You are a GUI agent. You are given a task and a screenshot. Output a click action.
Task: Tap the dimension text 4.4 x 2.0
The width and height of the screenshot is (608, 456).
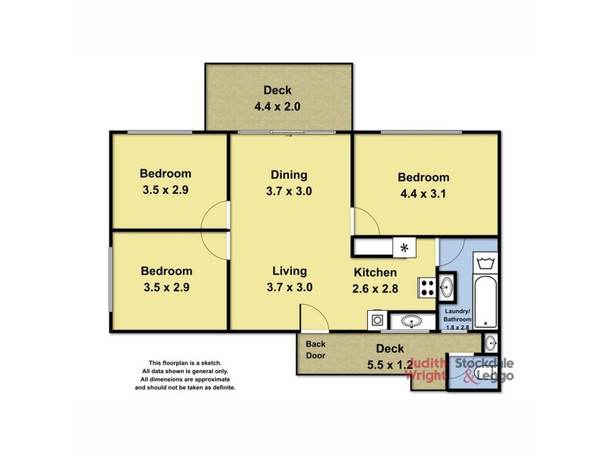pyautogui.click(x=277, y=107)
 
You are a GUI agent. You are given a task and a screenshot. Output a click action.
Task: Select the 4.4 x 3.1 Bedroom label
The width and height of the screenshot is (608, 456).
pyautogui.click(x=423, y=178)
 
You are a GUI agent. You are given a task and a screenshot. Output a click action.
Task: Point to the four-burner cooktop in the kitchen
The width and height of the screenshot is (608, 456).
pyautogui.click(x=426, y=288)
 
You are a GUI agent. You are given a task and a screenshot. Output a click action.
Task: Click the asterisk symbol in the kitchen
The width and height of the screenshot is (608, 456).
pyautogui.click(x=404, y=248)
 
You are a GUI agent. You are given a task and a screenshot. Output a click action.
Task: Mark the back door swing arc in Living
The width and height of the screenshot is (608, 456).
pyautogui.click(x=312, y=313)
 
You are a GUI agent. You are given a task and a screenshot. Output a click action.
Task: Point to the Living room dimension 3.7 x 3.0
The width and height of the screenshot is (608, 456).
pyautogui.click(x=289, y=287)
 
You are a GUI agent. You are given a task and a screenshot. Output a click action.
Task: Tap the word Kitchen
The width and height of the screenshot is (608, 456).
pyautogui.click(x=375, y=272)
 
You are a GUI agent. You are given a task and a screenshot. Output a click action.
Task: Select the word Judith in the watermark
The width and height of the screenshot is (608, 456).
pyautogui.click(x=428, y=363)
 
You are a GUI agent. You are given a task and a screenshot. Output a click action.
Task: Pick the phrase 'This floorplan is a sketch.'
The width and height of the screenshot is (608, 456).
pyautogui.click(x=185, y=363)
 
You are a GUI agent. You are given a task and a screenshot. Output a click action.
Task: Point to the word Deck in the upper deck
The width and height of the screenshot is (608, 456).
pyautogui.click(x=277, y=90)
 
